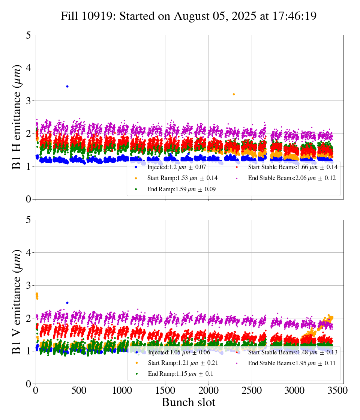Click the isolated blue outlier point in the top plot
(67, 86)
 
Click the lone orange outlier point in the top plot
(234, 94)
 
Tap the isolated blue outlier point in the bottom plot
(67, 303)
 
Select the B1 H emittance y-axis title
(16, 117)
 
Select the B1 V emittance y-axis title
(16, 302)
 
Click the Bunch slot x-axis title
(189, 402)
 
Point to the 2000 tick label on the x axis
(208, 390)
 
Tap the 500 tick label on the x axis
(79, 390)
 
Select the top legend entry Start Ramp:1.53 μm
(182, 178)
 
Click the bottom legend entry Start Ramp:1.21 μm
(182, 363)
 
